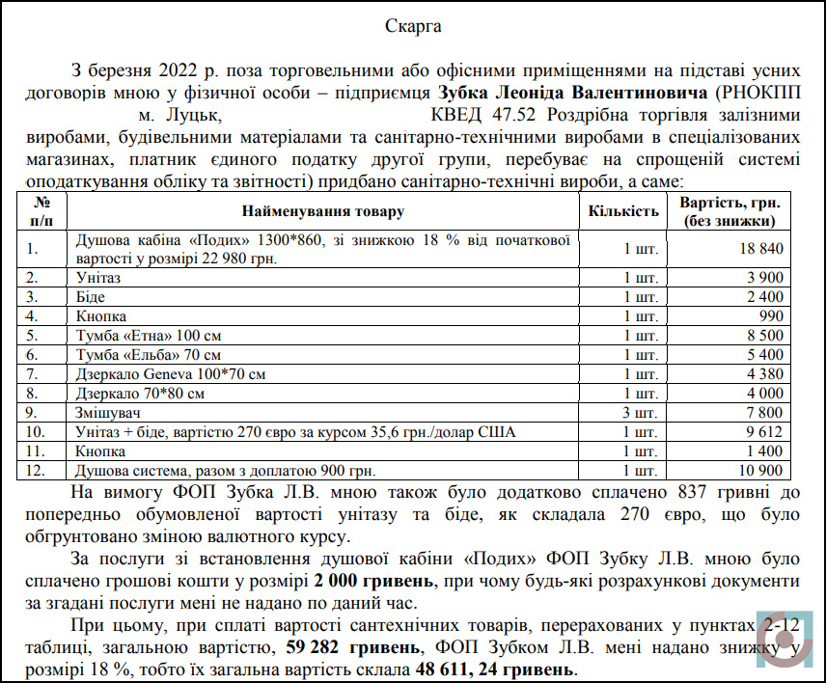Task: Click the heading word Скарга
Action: [413, 26]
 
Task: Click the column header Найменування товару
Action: [322, 211]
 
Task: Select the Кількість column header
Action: [624, 211]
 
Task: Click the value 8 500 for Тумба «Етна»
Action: [763, 335]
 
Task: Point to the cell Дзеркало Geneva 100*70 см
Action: [170, 373]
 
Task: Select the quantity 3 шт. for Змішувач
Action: [642, 412]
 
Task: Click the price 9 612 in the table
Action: [763, 431]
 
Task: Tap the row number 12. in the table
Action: [37, 470]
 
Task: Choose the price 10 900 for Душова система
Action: [758, 470]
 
